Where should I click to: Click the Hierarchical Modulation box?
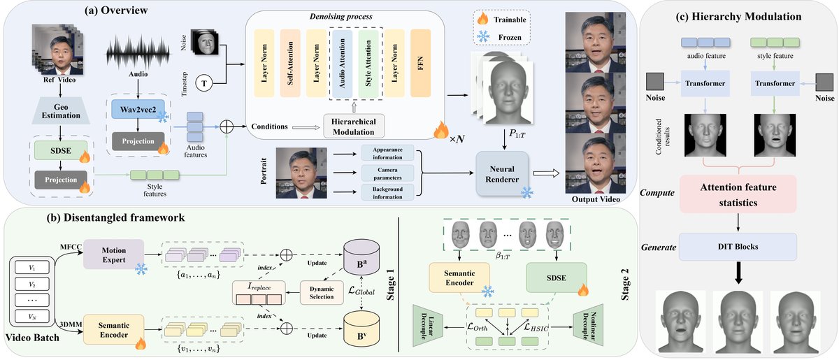point(359,127)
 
